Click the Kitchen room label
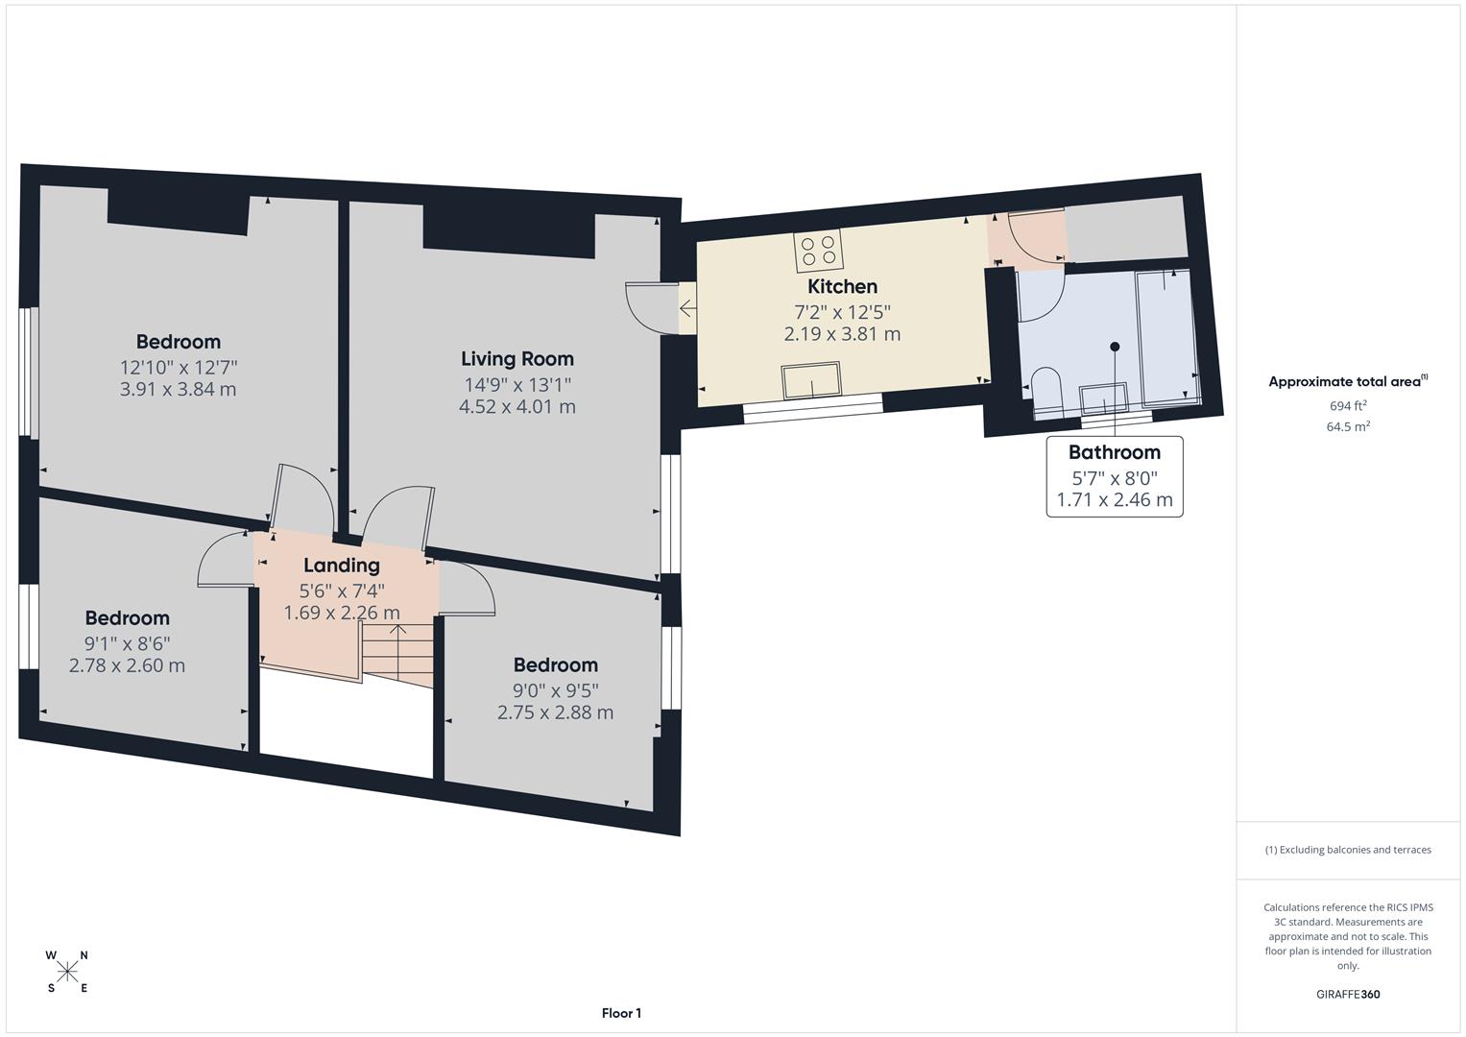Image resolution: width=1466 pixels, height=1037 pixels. pos(842,286)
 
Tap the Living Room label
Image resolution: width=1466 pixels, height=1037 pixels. pos(517,359)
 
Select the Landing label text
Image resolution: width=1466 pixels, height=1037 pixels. pos(341,566)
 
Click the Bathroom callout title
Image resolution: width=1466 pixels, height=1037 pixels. pos(1114,452)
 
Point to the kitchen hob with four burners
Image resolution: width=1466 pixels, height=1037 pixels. pos(818,251)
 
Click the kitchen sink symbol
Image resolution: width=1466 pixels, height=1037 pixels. pos(811,380)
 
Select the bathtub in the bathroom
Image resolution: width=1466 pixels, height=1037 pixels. pos(1167,336)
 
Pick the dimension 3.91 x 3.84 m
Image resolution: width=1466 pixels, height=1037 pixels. pos(179,389)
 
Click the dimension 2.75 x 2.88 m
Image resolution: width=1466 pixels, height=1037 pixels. pos(555,712)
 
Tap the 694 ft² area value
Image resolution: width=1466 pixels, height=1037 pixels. pos(1348,406)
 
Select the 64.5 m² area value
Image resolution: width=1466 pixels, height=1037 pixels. pos(1348,427)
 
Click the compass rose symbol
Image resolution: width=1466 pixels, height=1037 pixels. pos(67,972)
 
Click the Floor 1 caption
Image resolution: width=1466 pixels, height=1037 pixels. pos(621,1013)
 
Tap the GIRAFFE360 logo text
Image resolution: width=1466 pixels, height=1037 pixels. pos(1347,994)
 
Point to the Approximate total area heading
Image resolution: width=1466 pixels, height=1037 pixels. pos(1347,382)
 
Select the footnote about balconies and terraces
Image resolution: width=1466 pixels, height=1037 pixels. pos(1347,850)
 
